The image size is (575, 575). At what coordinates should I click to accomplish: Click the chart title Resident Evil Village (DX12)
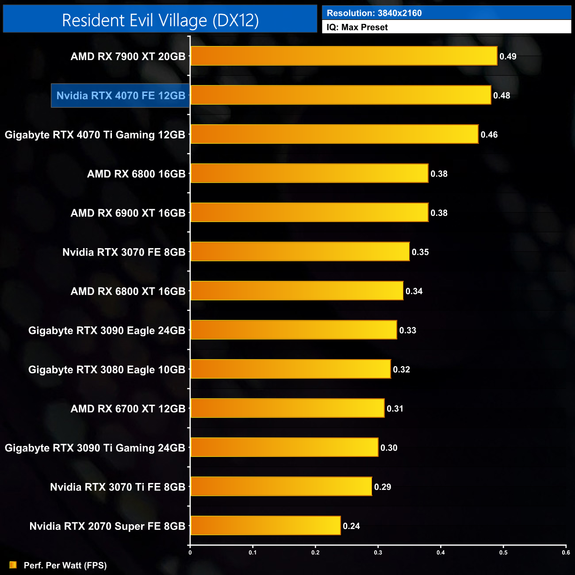point(160,20)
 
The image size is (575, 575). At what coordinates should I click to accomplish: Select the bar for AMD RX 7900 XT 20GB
point(344,56)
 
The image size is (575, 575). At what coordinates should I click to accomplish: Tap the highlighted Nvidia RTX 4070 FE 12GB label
point(121,96)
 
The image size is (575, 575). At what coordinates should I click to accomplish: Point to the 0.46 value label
point(489,134)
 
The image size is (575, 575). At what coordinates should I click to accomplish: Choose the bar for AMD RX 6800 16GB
point(309,173)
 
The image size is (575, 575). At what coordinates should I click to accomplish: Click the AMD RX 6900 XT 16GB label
point(128,213)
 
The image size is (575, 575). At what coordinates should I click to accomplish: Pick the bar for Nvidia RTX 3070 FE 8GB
point(300,252)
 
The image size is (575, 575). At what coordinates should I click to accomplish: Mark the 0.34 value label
point(414,291)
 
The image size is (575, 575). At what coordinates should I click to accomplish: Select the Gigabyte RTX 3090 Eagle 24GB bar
point(294,330)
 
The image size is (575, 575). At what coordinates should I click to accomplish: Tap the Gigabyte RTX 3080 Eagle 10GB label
point(107,370)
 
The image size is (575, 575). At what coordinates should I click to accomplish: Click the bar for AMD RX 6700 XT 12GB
point(287,408)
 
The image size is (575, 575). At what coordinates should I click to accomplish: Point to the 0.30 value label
point(389,448)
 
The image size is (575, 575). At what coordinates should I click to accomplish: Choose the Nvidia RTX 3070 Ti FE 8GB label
point(117,487)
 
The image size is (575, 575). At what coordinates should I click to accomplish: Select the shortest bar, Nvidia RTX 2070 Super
point(265,525)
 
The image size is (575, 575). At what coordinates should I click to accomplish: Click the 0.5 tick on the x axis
point(503,552)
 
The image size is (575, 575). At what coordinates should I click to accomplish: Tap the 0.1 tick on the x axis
point(253,552)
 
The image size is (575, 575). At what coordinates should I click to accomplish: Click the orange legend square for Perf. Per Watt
point(13,565)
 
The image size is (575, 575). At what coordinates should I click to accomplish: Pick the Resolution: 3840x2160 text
point(374,13)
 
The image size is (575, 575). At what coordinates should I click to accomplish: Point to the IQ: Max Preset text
point(357,27)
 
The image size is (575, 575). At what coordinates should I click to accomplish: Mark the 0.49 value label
point(508,56)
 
